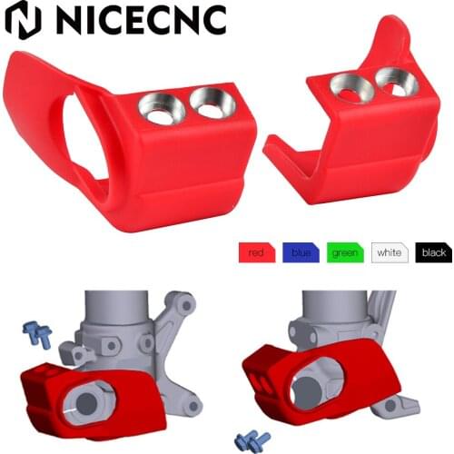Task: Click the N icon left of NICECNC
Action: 23,20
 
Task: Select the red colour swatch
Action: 256,252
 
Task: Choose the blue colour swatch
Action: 301,252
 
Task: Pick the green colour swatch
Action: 345,252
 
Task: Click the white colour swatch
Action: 390,252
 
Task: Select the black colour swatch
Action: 434,252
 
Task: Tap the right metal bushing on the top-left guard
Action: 212,106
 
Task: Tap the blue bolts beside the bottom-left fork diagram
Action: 36,335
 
